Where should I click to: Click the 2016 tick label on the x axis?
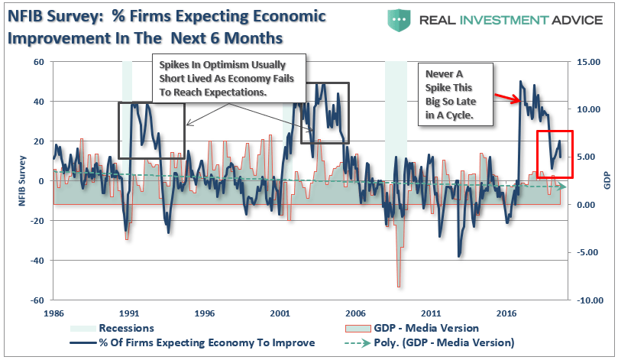[506, 313]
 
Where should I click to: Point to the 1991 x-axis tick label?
[128, 313]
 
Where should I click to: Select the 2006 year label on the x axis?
[355, 313]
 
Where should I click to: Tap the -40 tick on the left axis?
[35, 261]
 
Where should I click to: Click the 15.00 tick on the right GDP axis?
[588, 62]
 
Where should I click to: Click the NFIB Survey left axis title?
[11, 181]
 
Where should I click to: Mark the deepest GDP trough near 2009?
[399, 286]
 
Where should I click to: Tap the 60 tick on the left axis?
[37, 62]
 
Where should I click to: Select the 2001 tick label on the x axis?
[280, 313]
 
